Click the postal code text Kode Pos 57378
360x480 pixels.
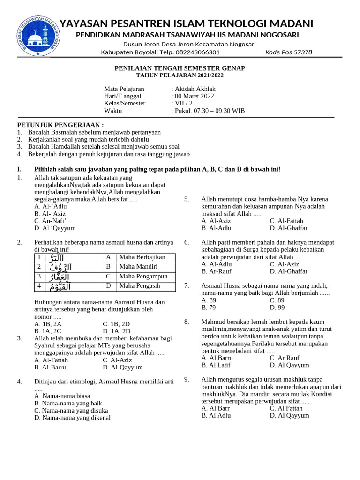(288, 52)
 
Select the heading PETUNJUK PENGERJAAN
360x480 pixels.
(61, 125)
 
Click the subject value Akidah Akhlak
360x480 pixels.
(194, 89)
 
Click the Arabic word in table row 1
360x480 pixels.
(63, 258)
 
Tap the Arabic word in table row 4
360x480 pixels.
(63, 286)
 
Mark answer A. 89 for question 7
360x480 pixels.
(209, 300)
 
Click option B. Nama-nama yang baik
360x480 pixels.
(68, 403)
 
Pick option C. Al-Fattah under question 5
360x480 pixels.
(286, 221)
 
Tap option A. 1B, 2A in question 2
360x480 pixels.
(48, 323)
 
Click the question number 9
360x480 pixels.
(187, 379)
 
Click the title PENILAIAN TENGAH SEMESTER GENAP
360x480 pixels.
(180, 68)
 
